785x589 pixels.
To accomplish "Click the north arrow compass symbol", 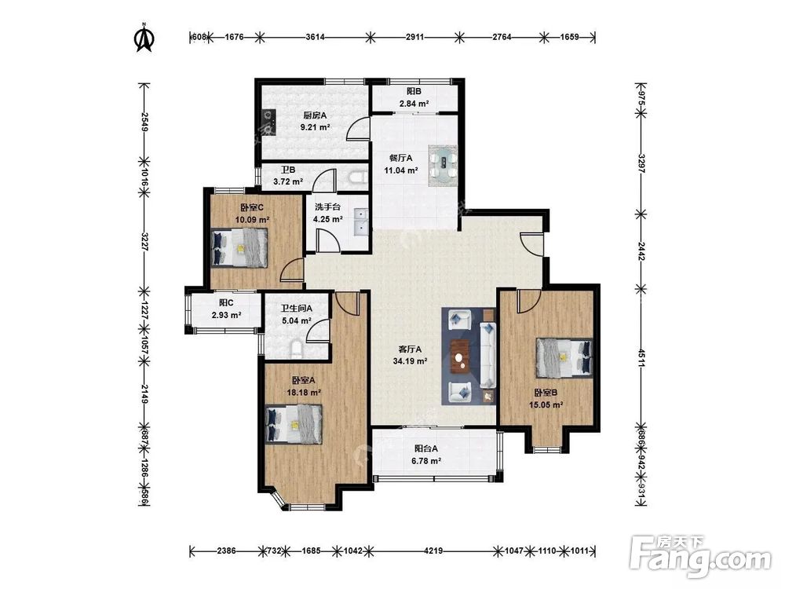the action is [144, 38].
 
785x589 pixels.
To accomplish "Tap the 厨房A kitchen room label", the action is [315, 115].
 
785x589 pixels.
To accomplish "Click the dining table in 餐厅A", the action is [443, 166].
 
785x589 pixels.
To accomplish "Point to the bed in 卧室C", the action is [239, 247].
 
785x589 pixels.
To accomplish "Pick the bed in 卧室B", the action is [564, 357].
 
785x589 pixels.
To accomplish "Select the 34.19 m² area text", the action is [410, 361].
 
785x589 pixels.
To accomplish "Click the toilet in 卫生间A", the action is [297, 349].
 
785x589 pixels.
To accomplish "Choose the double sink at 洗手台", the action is [360, 222].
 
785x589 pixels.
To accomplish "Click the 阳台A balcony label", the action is [426, 448].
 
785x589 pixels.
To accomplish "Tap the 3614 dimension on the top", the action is [316, 37].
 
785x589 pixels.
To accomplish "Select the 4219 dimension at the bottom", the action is [433, 551].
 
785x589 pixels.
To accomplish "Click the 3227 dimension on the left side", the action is [144, 241].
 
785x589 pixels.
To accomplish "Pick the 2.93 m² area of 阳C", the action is [226, 316].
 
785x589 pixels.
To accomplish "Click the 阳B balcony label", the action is [414, 92].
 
